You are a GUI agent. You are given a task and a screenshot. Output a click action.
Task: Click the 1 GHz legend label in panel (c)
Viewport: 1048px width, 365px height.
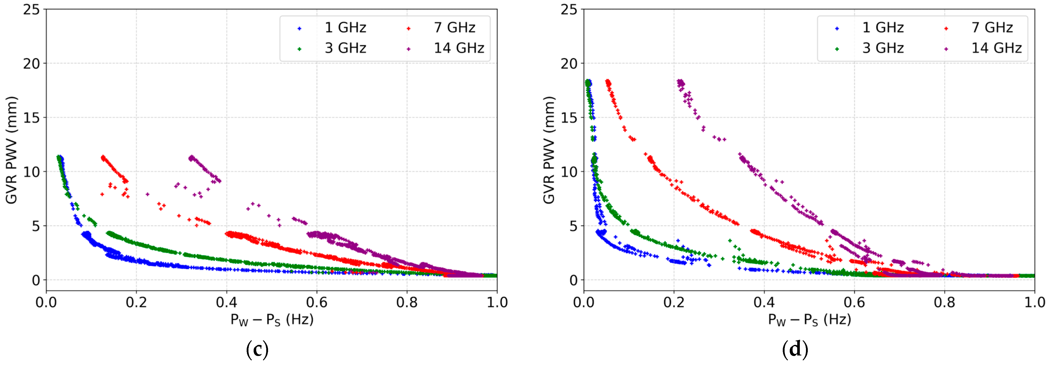[x=345, y=28]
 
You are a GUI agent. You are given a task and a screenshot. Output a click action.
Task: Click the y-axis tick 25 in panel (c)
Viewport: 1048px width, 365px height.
[x=31, y=9]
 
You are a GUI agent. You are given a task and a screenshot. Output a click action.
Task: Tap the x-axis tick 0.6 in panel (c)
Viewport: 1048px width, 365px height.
[x=317, y=303]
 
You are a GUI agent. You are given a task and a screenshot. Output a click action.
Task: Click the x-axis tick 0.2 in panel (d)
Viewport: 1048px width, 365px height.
[x=674, y=303]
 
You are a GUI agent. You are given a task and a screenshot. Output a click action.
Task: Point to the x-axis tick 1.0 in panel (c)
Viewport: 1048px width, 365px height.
[x=497, y=303]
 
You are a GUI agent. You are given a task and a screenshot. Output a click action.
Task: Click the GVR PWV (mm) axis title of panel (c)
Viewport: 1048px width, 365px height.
[x=11, y=150]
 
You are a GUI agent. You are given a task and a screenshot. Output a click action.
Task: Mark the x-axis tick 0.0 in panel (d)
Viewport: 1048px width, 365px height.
[x=584, y=303]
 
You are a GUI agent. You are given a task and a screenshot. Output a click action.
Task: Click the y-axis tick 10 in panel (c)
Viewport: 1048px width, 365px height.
[x=31, y=172]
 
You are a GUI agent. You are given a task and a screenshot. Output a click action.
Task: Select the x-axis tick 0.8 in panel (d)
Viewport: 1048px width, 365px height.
[x=944, y=303]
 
